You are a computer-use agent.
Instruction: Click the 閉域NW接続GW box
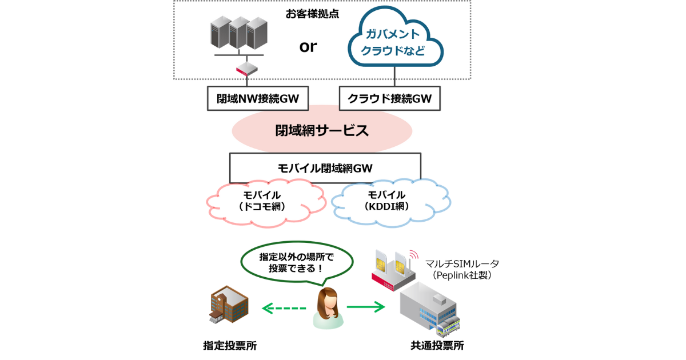pyautogui.click(x=258, y=98)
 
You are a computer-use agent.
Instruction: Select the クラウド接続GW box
pyautogui.click(x=390, y=98)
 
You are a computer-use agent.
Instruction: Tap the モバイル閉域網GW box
pyautogui.click(x=325, y=168)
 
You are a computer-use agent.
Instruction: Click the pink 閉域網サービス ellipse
pyautogui.click(x=322, y=131)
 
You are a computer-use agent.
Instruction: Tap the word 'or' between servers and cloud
pyautogui.click(x=308, y=46)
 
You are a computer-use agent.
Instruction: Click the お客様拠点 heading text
pyautogui.click(x=312, y=14)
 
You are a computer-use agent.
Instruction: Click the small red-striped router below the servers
pyautogui.click(x=247, y=69)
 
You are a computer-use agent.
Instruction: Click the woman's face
pyautogui.click(x=328, y=301)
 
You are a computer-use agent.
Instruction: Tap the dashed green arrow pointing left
pyautogui.click(x=284, y=308)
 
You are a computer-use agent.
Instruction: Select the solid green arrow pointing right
pyautogui.click(x=366, y=307)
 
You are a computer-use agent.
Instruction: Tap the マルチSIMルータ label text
pyautogui.click(x=462, y=263)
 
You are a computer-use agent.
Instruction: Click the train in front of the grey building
pyautogui.click(x=448, y=326)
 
